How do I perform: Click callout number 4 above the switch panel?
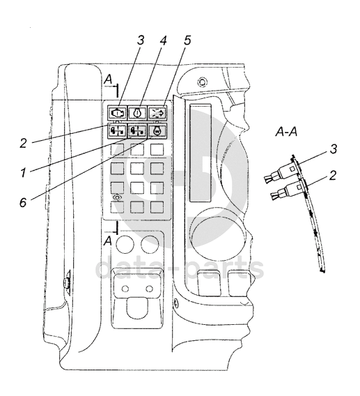[x=164, y=40]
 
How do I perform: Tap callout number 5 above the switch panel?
[x=187, y=40]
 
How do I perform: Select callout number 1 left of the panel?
[x=24, y=173]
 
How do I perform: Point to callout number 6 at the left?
[x=23, y=202]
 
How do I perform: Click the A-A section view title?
[x=286, y=132]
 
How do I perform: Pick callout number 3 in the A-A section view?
[x=334, y=149]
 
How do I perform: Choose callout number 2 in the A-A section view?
[x=333, y=175]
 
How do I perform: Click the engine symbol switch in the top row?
[x=117, y=112]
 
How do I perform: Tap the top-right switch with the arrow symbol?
[x=157, y=112]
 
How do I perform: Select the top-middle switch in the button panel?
[x=137, y=112]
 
